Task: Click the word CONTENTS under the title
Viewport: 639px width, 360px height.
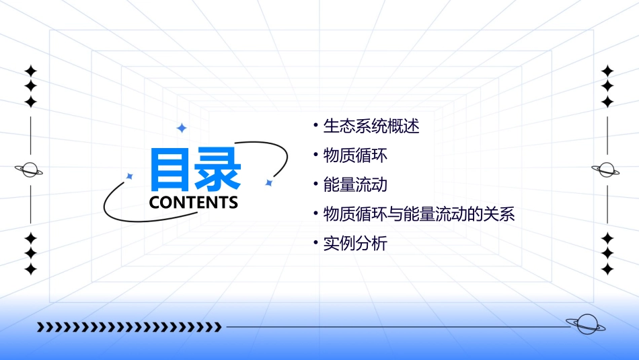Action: (x=194, y=203)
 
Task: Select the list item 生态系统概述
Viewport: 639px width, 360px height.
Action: (x=371, y=126)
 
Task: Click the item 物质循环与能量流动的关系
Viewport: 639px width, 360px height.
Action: (x=419, y=215)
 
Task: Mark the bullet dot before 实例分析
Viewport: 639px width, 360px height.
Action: (x=315, y=244)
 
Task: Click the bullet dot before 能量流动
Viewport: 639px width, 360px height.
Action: (x=315, y=184)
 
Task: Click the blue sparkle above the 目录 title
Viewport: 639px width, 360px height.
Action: (x=181, y=128)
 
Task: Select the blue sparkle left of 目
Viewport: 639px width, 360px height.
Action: (x=130, y=176)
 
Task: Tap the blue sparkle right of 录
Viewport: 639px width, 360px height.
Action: (x=268, y=182)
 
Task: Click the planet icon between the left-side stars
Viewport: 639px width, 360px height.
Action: (x=30, y=170)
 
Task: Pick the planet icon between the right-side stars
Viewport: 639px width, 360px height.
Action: (x=607, y=170)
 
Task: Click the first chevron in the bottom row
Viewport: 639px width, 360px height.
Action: (x=40, y=327)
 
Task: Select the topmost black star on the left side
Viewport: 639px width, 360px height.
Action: (x=30, y=71)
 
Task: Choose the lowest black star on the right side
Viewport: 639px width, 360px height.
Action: (x=607, y=269)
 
